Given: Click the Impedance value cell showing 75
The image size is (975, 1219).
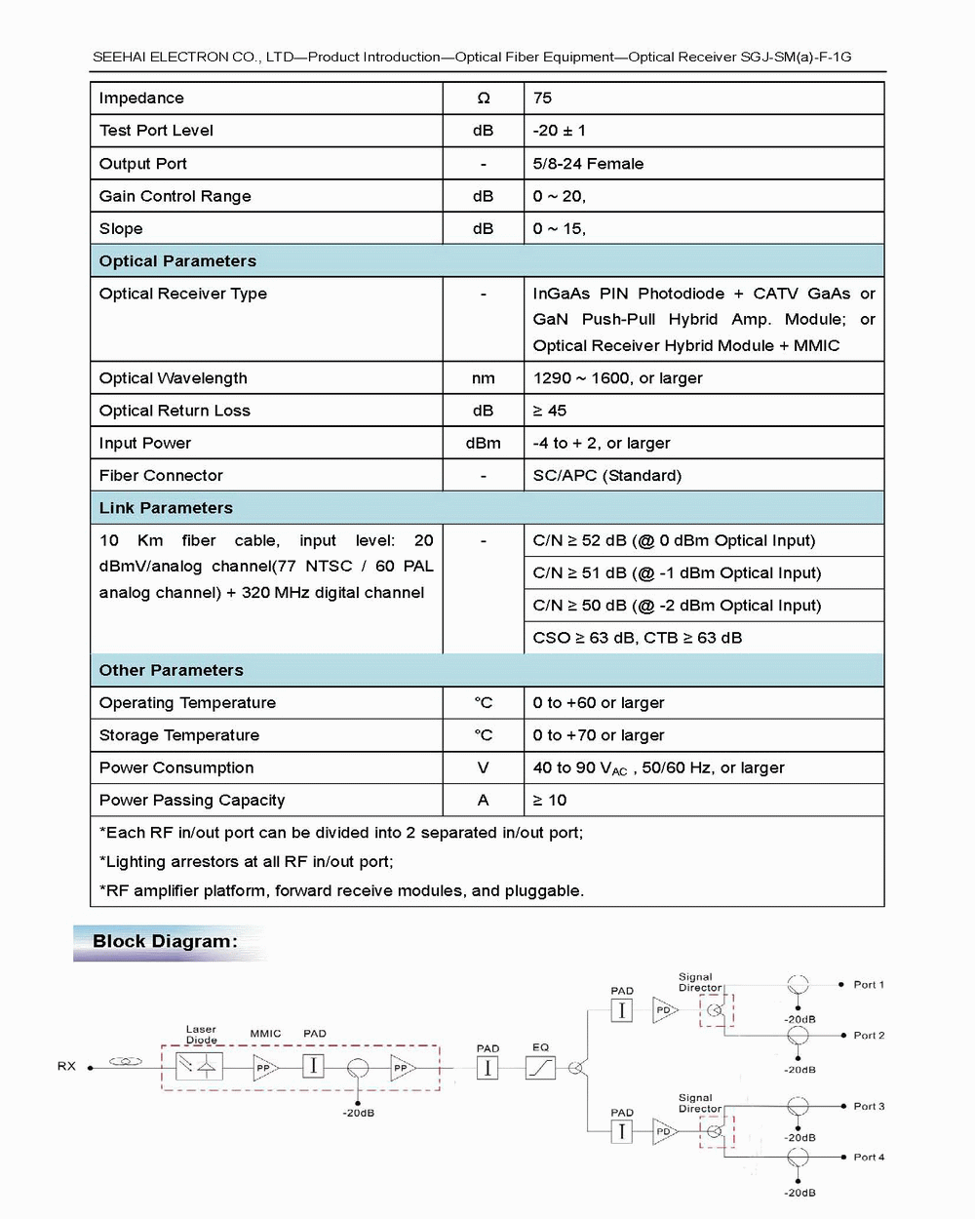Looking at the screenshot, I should tap(542, 98).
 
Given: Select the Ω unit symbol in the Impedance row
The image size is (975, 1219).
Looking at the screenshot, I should tap(483, 98).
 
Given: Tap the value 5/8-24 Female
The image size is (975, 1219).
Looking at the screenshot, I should tap(588, 163).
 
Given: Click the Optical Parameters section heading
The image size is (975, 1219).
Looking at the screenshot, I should tap(177, 260).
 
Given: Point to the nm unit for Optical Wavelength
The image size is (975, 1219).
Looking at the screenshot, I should tap(483, 377).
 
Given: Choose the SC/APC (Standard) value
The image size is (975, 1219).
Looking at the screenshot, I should tap(606, 475).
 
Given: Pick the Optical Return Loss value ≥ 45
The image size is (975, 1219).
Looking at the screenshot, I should tap(549, 411).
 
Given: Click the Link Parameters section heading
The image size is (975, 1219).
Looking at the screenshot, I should tap(166, 507).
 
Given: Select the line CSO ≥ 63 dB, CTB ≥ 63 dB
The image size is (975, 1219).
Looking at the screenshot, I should tap(637, 638).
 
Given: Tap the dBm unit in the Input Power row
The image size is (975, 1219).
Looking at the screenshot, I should tap(483, 443).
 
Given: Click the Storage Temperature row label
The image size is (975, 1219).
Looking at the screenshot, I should tap(179, 735).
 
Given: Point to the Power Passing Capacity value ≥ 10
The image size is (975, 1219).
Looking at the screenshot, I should tap(549, 800).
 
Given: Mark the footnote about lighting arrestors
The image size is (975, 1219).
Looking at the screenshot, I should tap(246, 861).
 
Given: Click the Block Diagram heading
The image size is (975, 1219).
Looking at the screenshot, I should tap(165, 941).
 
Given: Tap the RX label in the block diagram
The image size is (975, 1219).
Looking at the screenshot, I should tap(66, 1066).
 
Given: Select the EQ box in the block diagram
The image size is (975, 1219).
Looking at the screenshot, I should tap(540, 1068).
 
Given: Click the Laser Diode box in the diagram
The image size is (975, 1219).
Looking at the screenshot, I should tap(199, 1066).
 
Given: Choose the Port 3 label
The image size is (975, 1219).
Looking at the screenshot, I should tap(869, 1106).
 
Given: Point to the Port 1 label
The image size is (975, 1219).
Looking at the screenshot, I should tap(869, 984).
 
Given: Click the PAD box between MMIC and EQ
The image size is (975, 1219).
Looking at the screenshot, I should tap(487, 1068).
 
